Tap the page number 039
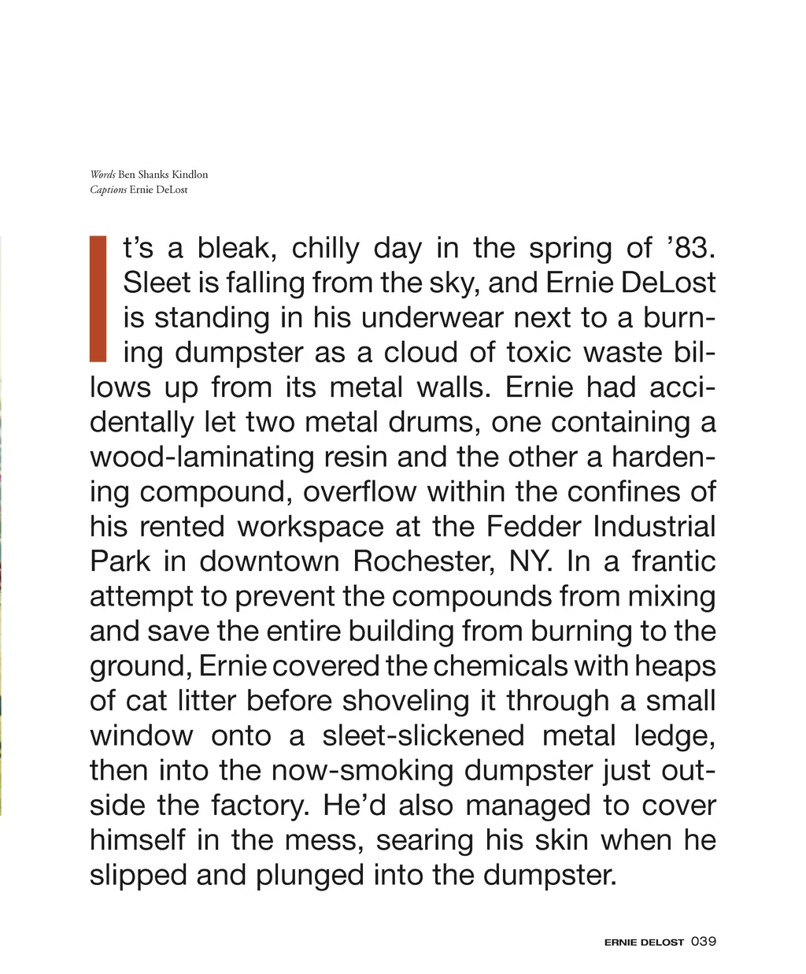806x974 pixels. [703, 941]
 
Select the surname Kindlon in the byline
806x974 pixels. [190, 175]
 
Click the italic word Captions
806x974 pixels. [108, 190]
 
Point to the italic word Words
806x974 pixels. [102, 175]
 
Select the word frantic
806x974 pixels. [674, 561]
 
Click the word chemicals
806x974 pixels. [499, 666]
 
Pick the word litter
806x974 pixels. [205, 701]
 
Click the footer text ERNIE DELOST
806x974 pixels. [644, 942]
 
